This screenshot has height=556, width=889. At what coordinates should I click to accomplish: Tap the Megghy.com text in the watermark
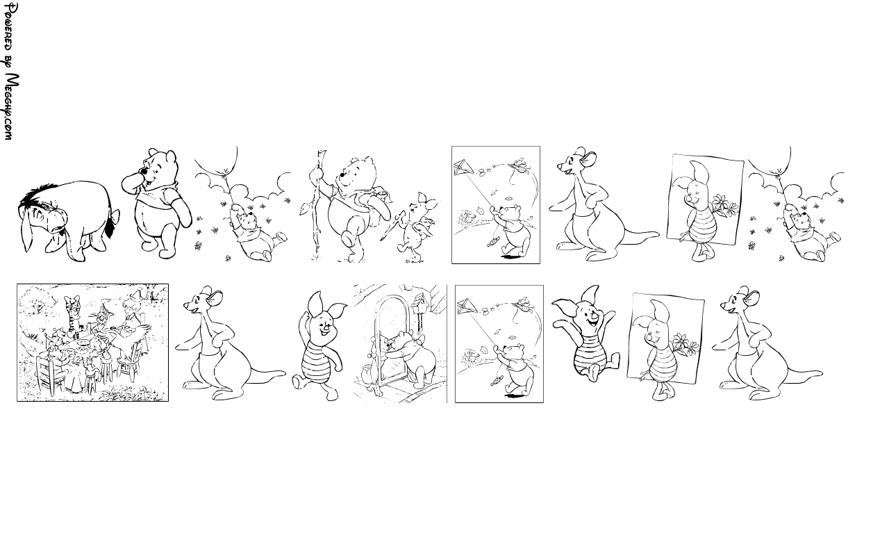12,107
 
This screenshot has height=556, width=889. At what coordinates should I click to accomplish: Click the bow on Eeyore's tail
115,217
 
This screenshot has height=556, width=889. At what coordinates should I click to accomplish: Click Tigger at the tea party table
74,313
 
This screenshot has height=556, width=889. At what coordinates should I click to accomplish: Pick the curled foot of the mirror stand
374,391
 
